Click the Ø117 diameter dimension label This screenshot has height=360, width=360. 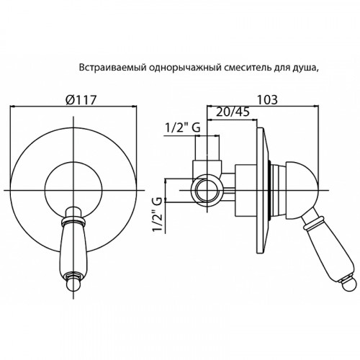coord(81,99)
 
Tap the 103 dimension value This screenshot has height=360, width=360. coord(267,99)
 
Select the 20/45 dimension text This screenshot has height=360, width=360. coord(233,112)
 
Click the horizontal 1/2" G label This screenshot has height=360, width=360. coord(183,127)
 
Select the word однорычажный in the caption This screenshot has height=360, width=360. coord(185,68)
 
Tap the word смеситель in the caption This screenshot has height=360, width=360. coord(248,68)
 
